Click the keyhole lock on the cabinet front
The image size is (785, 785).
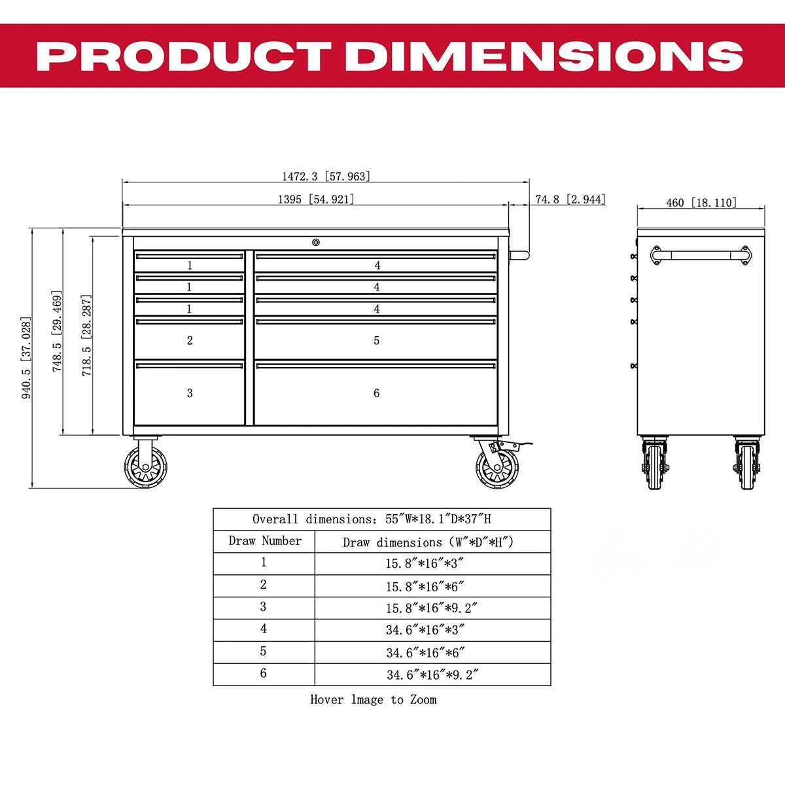[x=316, y=243]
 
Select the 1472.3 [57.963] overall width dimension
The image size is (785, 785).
[x=326, y=177]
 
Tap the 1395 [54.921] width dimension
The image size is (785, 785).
[x=315, y=200]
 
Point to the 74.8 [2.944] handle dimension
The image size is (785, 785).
[x=570, y=200]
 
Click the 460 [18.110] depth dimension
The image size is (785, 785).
[x=701, y=203]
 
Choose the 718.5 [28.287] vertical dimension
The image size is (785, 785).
[x=86, y=335]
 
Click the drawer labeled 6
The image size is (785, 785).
[x=376, y=393]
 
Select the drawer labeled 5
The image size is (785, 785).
[x=376, y=340]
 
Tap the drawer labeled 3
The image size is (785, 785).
[x=190, y=393]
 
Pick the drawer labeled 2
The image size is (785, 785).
[x=190, y=340]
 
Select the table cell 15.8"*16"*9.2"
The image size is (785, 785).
[x=432, y=608]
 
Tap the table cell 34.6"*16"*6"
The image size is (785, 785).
[x=432, y=652]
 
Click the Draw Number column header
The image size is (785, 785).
[x=264, y=541]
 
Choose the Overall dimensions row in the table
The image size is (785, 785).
[x=381, y=519]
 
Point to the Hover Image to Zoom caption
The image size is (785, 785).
[x=373, y=700]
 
